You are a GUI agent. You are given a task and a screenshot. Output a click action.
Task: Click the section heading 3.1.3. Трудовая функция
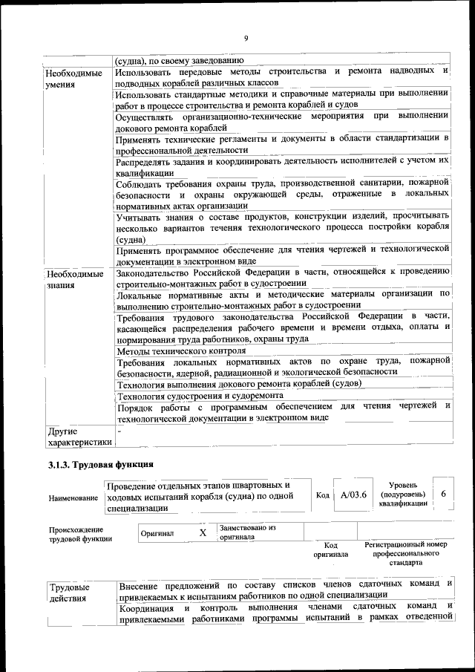point(96,465)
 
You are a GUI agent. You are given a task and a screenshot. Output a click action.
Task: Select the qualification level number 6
point(443,494)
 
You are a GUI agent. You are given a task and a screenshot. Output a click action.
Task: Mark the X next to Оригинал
point(203,532)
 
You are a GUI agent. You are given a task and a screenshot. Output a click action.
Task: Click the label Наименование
point(73,497)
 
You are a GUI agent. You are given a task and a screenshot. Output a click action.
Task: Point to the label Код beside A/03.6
point(323,495)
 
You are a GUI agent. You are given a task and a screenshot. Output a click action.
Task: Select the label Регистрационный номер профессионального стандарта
point(405,553)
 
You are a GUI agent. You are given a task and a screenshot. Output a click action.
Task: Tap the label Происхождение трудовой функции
point(76,534)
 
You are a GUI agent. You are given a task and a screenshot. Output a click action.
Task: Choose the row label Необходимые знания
point(74,280)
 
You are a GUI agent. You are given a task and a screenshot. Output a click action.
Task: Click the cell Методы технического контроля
point(181,350)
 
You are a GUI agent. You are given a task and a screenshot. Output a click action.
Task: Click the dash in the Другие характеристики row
point(119,430)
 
